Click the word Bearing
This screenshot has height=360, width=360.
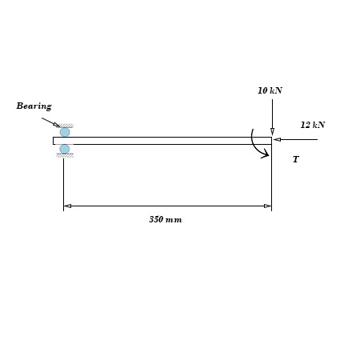[x=34, y=106]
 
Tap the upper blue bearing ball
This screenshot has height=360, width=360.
[x=65, y=132]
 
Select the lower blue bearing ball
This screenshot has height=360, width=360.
[x=65, y=149]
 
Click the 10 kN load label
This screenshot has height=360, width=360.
[x=270, y=90]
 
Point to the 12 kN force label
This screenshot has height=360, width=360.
[x=313, y=125]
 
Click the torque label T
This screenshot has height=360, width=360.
[x=296, y=159]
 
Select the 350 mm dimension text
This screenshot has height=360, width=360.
[x=166, y=219]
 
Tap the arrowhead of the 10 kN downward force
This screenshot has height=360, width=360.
[x=272, y=132]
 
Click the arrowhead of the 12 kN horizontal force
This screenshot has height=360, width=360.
[x=277, y=139]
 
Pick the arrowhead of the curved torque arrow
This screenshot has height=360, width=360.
[x=266, y=154]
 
